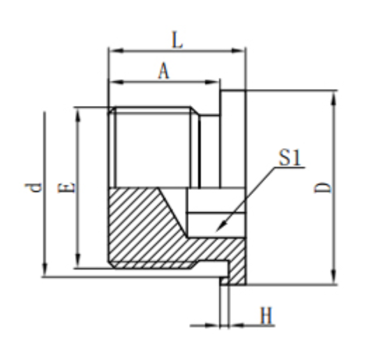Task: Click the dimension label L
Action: [x=177, y=40]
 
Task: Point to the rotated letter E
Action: [x=67, y=187]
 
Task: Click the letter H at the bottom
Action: [x=266, y=316]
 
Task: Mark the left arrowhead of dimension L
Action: [x=111, y=51]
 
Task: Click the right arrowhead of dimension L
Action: [x=243, y=51]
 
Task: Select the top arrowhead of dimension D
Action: [x=335, y=94]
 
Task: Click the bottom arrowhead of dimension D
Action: [x=335, y=281]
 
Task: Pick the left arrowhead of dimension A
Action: [x=111, y=81]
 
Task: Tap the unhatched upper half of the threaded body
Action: [x=152, y=148]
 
